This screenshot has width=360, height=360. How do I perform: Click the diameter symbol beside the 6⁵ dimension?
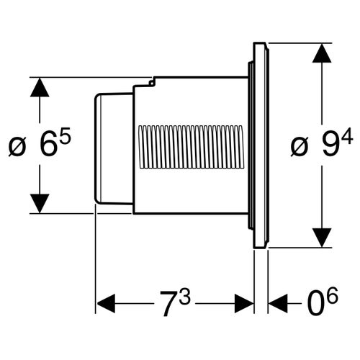point(17,148)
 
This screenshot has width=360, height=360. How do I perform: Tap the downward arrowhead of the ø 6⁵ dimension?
point(40,203)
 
